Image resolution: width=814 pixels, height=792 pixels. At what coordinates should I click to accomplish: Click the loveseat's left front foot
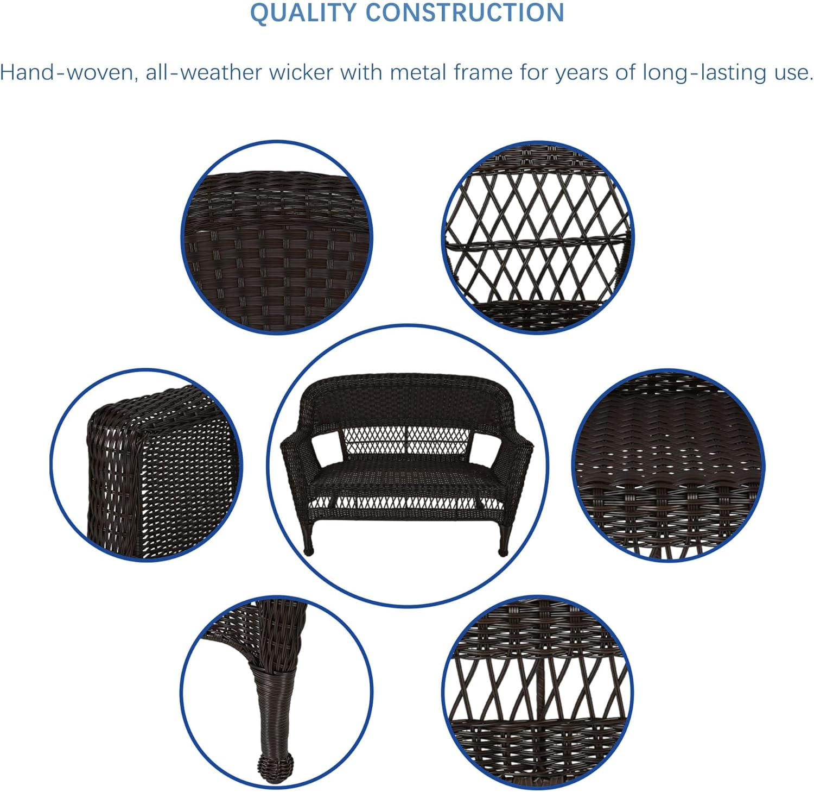click(x=309, y=550)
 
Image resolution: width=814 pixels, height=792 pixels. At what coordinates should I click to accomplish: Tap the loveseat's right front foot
click(x=503, y=550)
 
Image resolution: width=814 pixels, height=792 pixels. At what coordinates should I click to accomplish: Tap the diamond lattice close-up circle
click(x=537, y=237)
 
